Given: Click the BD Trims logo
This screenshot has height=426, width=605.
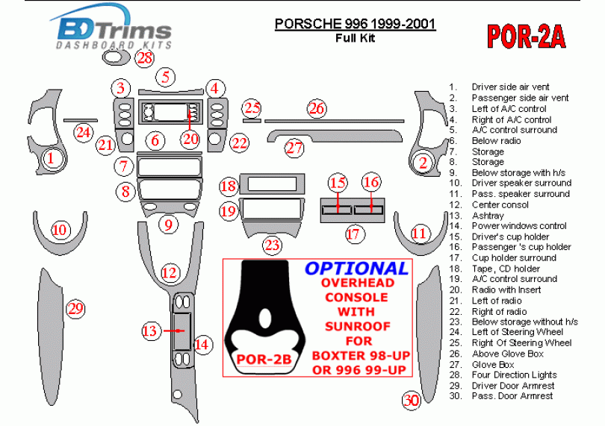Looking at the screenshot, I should pos(114,32).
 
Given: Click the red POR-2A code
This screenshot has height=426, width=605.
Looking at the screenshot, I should pos(527,35).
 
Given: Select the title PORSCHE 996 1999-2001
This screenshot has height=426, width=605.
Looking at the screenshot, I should pos(356,24).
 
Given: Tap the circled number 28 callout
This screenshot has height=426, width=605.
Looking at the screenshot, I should pos(145,57).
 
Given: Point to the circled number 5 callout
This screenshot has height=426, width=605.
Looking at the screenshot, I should pos(166,76).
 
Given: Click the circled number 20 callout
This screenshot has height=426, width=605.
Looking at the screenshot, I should pos(191,138).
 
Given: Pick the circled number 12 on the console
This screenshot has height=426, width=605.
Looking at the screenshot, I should pos(170,274).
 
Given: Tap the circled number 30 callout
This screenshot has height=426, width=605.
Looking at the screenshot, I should pos(411,401).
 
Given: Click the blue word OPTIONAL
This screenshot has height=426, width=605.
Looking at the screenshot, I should pos(356,269).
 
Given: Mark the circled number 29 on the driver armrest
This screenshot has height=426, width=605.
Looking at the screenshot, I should pos(75,308).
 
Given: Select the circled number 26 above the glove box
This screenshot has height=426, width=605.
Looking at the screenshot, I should pos(317,109).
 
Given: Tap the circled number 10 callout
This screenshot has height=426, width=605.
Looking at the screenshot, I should pos(59,230).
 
